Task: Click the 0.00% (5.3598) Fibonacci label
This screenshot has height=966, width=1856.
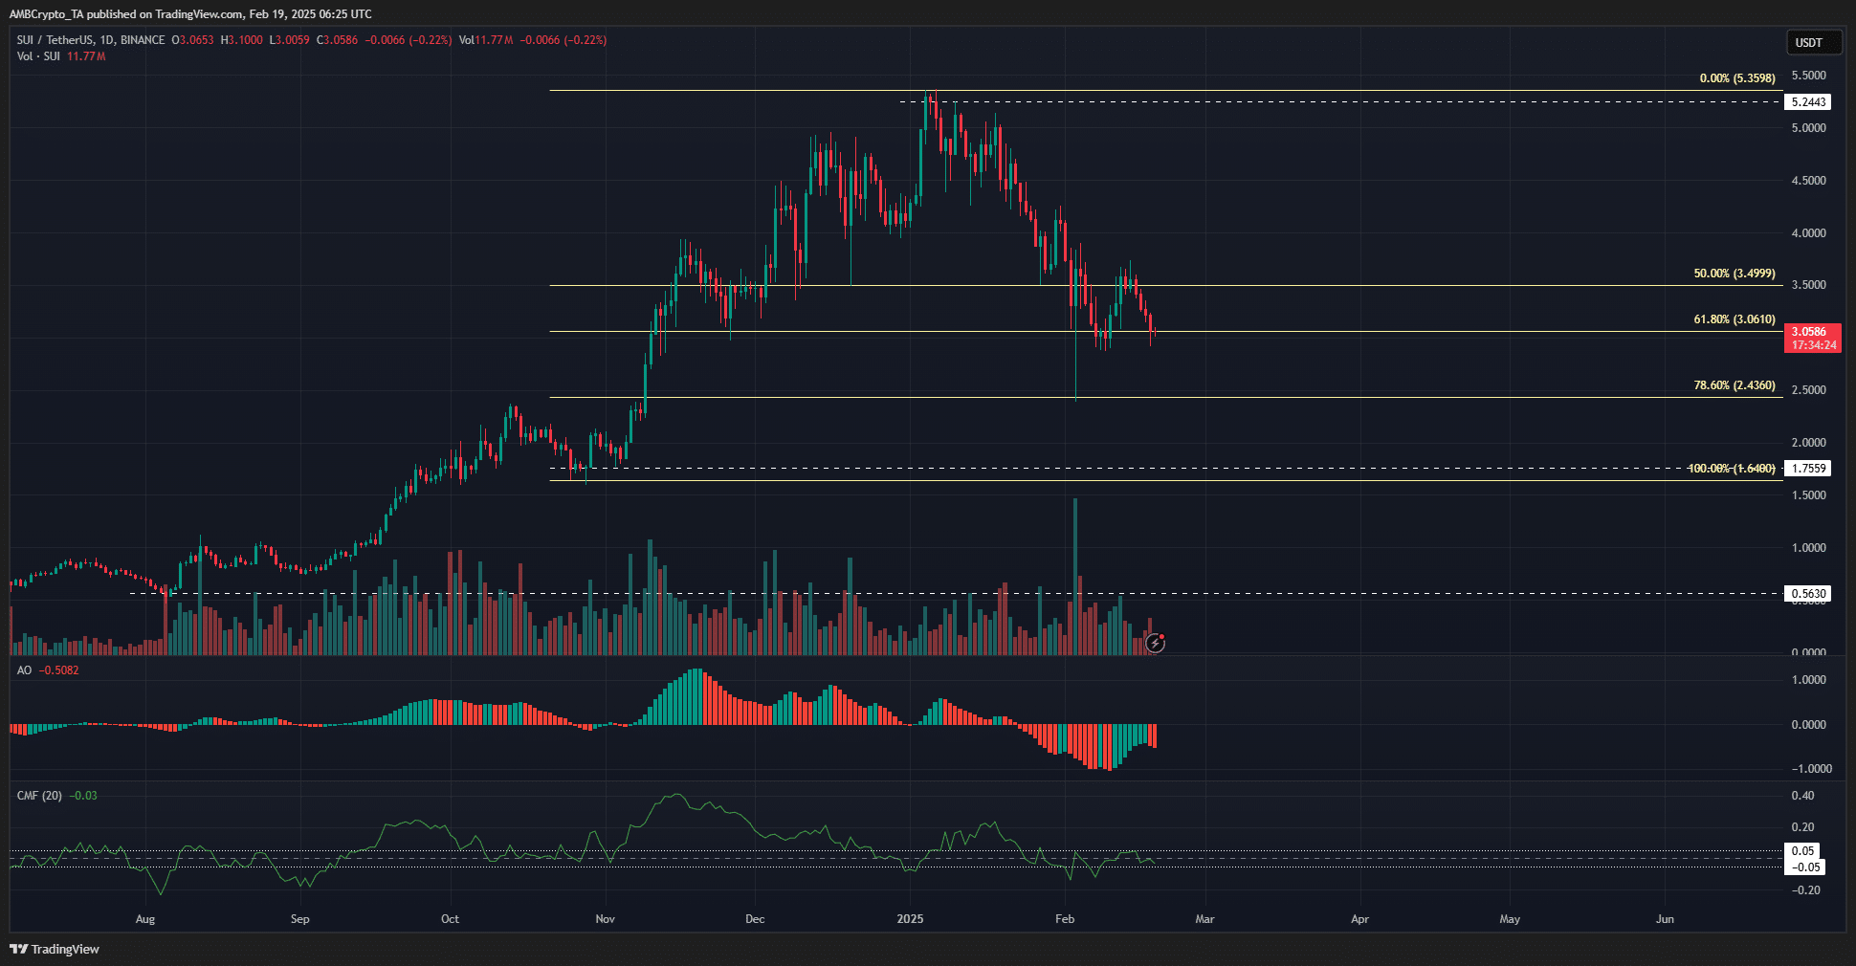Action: click(1736, 78)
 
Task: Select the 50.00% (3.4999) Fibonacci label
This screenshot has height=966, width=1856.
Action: click(1734, 274)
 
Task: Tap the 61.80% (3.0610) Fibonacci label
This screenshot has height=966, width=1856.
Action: click(1734, 319)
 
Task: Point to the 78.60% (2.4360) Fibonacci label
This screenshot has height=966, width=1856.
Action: click(1734, 385)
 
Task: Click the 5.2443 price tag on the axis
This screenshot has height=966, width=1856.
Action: click(1808, 102)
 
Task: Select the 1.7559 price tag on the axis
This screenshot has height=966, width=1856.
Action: click(1808, 469)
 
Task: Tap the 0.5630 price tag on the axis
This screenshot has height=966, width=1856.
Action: click(1808, 594)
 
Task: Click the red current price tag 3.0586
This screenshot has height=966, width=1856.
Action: click(1811, 333)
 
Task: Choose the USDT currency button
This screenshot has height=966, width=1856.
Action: click(1808, 42)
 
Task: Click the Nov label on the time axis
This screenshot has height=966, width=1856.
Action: click(605, 919)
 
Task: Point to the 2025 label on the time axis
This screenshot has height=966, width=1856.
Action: click(910, 919)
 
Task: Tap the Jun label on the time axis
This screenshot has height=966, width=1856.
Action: click(1665, 919)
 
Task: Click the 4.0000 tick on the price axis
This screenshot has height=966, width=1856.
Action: click(1808, 233)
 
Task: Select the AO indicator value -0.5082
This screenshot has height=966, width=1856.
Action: click(60, 670)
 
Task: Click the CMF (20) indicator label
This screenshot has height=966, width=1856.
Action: click(39, 796)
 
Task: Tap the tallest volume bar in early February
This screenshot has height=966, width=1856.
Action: click(1075, 574)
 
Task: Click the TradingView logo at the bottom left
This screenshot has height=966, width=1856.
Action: click(55, 949)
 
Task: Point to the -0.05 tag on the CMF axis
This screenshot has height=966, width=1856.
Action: click(1805, 867)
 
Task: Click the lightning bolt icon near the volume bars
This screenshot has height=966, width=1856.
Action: click(1156, 644)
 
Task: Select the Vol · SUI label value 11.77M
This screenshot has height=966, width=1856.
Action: click(86, 56)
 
